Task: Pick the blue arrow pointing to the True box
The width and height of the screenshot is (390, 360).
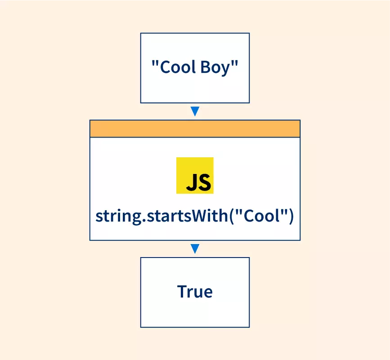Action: tap(195, 249)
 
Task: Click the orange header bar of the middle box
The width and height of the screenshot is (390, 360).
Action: tap(195, 129)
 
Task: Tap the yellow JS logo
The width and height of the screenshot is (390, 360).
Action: tap(195, 175)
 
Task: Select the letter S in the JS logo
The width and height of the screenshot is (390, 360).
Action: tap(203, 182)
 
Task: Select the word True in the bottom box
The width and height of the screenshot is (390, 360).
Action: tap(195, 292)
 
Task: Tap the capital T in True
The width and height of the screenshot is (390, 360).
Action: tap(182, 292)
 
